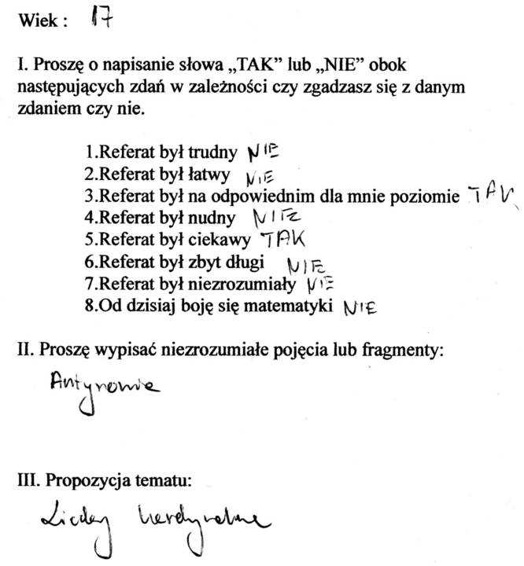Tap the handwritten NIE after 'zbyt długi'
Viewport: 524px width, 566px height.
(x=308, y=267)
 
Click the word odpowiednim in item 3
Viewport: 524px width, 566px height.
(x=259, y=195)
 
